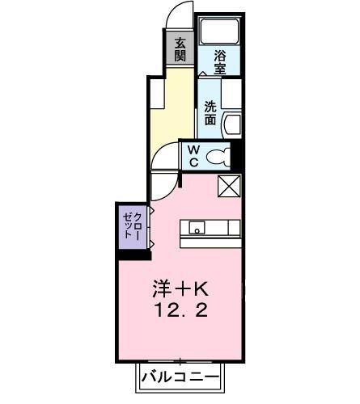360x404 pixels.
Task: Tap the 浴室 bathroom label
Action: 219,61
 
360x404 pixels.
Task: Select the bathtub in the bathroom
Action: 221,32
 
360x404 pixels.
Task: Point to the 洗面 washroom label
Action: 210,112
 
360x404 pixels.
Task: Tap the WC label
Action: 194,156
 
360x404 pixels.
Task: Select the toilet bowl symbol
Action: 218,157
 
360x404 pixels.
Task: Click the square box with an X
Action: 229,186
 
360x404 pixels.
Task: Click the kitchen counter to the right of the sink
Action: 222,228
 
